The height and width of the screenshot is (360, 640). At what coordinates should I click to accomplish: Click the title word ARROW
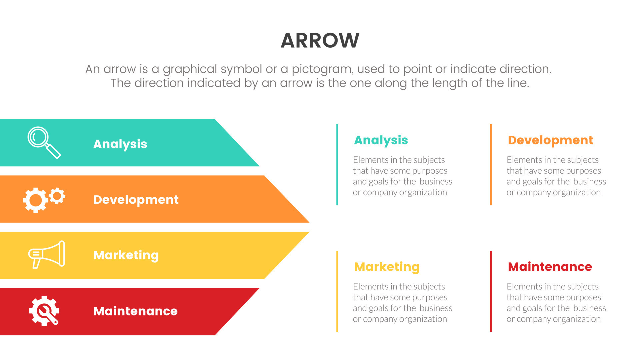click(320, 40)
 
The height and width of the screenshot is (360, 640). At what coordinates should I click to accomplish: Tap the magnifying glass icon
click(43, 142)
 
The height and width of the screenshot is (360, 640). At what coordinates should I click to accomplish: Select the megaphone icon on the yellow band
click(47, 254)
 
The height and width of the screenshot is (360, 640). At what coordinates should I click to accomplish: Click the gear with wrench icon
click(44, 311)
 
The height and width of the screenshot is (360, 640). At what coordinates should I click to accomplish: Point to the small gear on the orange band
click(57, 196)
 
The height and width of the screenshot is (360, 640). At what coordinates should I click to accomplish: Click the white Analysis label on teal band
click(120, 144)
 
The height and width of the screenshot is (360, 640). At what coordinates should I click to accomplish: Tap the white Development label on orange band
click(136, 200)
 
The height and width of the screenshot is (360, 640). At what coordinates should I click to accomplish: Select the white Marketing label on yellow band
click(126, 255)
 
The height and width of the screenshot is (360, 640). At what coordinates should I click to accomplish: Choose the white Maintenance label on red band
click(135, 311)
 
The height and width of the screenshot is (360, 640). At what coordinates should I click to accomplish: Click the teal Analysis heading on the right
click(381, 140)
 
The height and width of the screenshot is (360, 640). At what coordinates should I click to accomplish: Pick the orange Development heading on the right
click(550, 140)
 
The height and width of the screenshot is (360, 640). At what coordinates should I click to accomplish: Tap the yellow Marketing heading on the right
click(387, 267)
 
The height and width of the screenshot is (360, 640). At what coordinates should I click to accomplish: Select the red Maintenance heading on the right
click(550, 267)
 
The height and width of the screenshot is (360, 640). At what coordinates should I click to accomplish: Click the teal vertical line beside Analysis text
click(337, 165)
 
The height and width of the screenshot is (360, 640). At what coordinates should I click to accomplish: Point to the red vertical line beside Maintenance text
click(491, 291)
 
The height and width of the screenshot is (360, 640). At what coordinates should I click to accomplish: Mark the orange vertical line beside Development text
click(491, 165)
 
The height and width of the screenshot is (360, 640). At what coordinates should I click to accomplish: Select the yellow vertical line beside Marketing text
click(337, 291)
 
